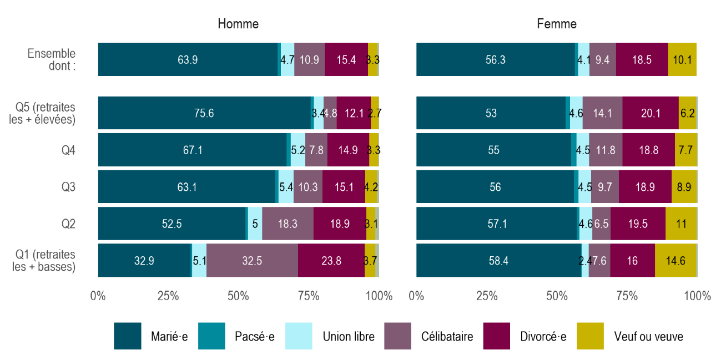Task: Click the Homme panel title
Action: (x=238, y=24)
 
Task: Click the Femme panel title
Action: (x=557, y=24)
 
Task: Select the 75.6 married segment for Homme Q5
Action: (x=204, y=113)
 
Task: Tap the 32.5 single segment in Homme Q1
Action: (x=252, y=260)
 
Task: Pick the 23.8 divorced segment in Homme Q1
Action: (x=331, y=260)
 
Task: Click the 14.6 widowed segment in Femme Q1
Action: (x=675, y=260)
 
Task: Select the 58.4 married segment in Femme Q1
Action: (x=498, y=260)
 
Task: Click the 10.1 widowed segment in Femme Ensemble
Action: (x=682, y=59)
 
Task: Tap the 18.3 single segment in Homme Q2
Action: (x=288, y=224)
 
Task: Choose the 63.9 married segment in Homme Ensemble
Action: (x=188, y=59)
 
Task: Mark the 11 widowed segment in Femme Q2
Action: (x=680, y=224)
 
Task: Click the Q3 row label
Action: (x=68, y=187)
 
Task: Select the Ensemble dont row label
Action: (x=52, y=59)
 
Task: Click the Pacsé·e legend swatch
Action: (x=211, y=336)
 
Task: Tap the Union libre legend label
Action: (x=349, y=337)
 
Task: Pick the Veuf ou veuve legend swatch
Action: (x=591, y=336)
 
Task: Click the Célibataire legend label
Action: (x=447, y=337)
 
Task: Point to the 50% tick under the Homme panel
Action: (x=238, y=296)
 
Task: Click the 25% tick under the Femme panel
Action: (x=486, y=296)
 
